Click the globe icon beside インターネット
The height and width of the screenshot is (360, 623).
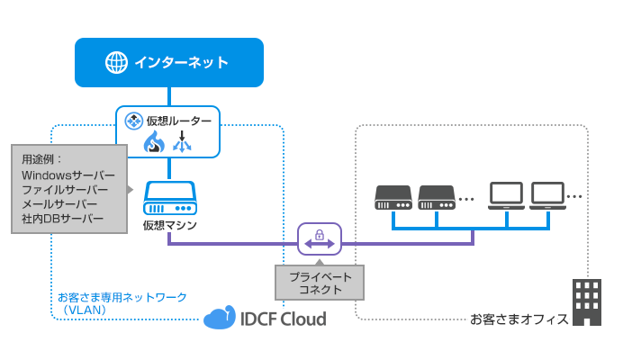tap(117, 63)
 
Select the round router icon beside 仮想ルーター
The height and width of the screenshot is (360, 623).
tap(131, 121)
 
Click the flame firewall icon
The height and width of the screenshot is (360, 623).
tap(152, 142)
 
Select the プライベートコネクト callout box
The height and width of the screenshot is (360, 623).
tap(320, 282)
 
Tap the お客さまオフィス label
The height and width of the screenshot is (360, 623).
tap(518, 319)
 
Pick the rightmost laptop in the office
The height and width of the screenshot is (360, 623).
tap(547, 195)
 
